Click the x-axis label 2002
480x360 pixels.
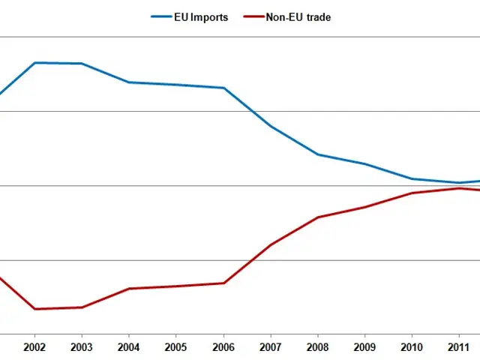[34, 348]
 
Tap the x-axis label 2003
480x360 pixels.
[82, 348]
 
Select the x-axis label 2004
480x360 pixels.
[129, 348]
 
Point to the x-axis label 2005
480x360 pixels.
[176, 348]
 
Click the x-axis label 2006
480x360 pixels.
[223, 348]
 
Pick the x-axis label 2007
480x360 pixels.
[271, 348]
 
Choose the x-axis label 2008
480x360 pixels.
[318, 348]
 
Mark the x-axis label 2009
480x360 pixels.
[365, 348]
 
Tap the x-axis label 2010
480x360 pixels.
[412, 348]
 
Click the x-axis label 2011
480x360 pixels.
[459, 348]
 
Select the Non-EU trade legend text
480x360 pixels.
[298, 17]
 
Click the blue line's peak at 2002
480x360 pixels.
[34, 63]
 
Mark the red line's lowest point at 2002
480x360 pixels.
[34, 309]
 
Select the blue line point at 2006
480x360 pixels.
[223, 88]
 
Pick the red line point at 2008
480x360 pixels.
[318, 217]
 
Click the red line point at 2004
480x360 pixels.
[129, 289]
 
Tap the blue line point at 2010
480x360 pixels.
[412, 178]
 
